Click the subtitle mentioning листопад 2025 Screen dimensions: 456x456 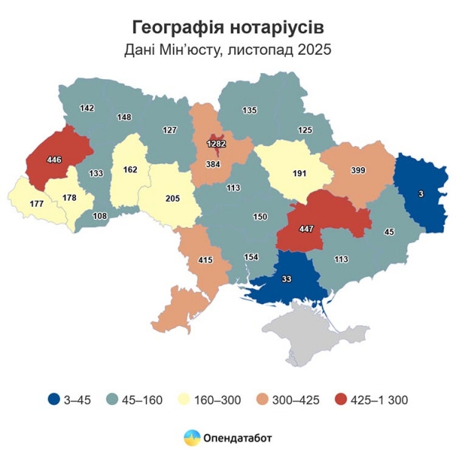[x=228, y=50]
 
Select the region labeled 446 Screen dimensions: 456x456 [x=54, y=160]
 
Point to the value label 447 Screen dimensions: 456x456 [x=306, y=229]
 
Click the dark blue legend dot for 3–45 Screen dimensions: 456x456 [x=52, y=399]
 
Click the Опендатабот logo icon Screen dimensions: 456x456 [x=192, y=438]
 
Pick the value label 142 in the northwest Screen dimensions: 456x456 [x=87, y=109]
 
